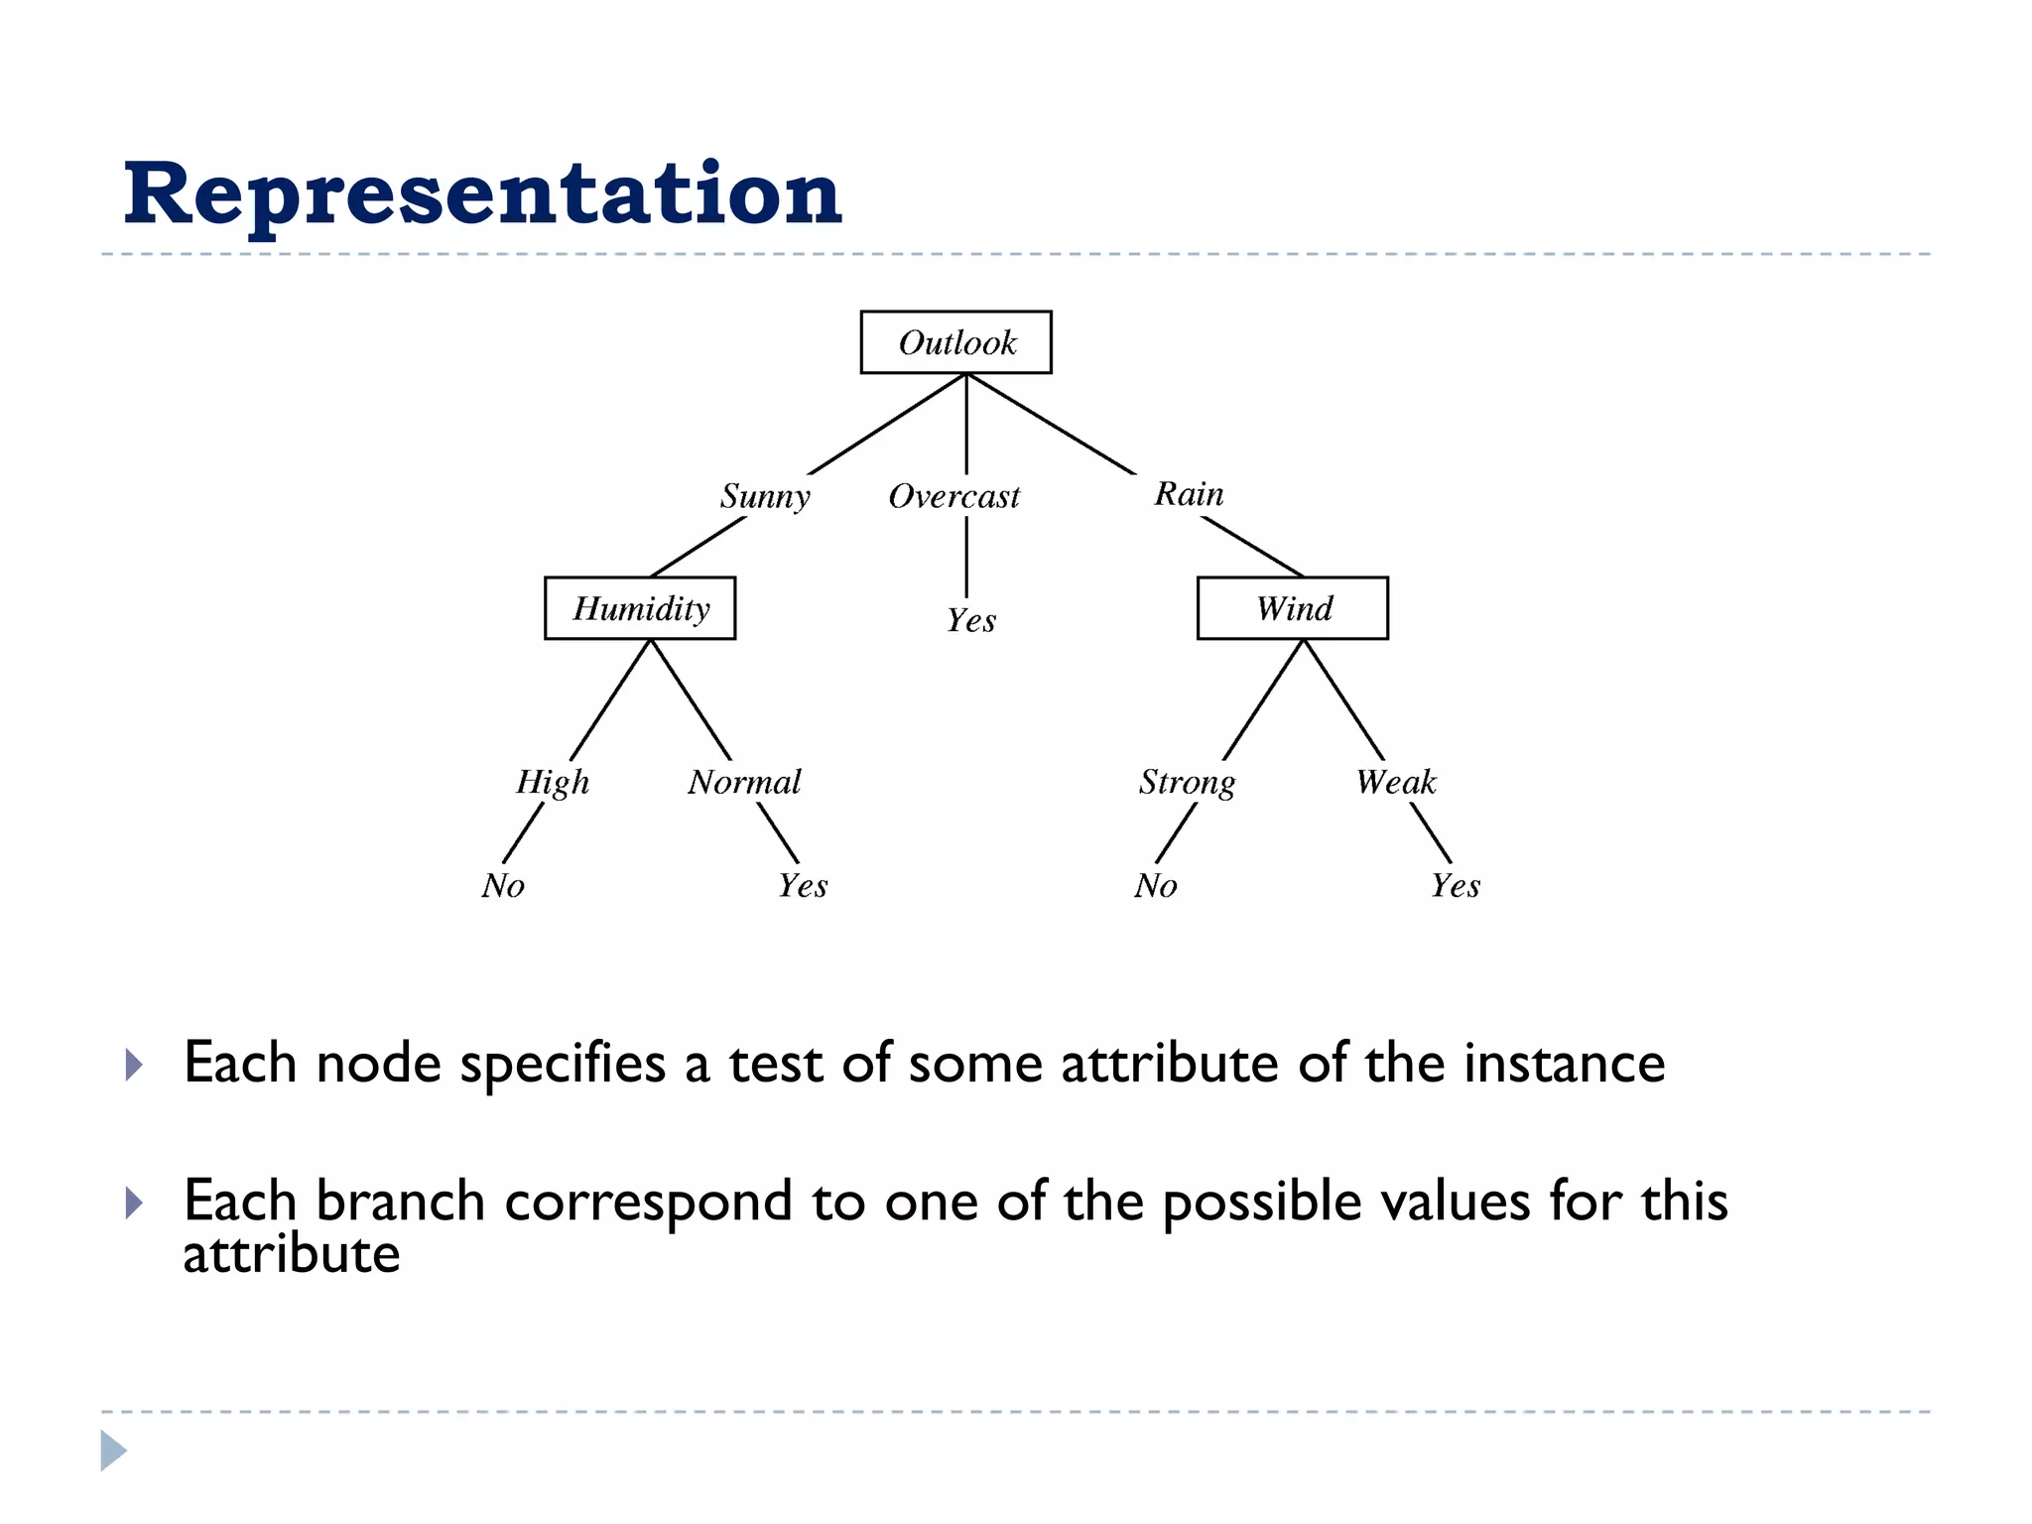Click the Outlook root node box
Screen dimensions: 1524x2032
[955, 342]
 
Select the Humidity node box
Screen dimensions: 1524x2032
[640, 608]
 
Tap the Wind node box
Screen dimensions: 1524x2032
[1292, 608]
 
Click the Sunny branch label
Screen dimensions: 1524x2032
[765, 495]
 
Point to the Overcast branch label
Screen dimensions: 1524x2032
[953, 496]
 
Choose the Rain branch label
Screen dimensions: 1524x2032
[1189, 493]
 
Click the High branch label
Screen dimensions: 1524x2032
[553, 782]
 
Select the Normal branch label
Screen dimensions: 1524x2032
[744, 782]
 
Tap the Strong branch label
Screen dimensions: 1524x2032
[1187, 782]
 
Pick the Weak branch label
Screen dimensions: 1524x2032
[1396, 782]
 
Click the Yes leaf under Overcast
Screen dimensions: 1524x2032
[970, 621]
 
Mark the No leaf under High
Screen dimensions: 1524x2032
[503, 885]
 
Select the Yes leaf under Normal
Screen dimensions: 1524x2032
[802, 885]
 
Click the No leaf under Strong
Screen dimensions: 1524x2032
[1156, 885]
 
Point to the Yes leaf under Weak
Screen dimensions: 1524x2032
[1455, 885]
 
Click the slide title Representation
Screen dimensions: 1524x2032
[482, 193]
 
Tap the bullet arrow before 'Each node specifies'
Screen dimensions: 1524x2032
[135, 1066]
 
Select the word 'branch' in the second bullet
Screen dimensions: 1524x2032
[400, 1201]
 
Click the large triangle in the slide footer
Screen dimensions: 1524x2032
[113, 1451]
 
